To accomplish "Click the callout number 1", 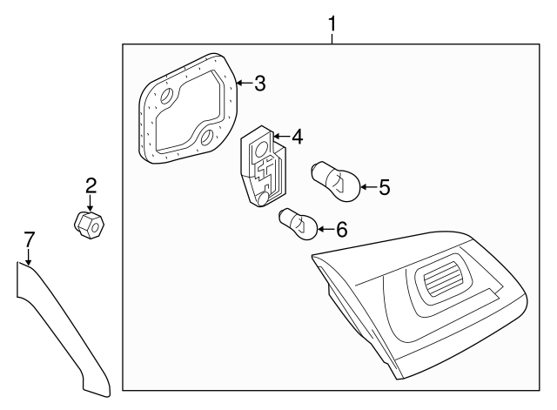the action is pyautogui.click(x=332, y=24).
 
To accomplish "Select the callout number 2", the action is pyautogui.click(x=91, y=186).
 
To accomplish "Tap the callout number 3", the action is pyautogui.click(x=260, y=84).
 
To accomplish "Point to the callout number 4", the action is pyautogui.click(x=297, y=137).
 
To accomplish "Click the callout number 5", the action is pyautogui.click(x=384, y=187).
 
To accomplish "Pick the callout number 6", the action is pyautogui.click(x=341, y=229).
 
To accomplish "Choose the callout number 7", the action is pyautogui.click(x=29, y=239).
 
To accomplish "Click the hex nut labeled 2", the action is pyautogui.click(x=90, y=225).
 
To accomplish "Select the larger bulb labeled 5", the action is pyautogui.click(x=336, y=182).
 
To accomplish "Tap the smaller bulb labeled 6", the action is pyautogui.click(x=298, y=224).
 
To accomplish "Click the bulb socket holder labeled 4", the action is pyautogui.click(x=263, y=166).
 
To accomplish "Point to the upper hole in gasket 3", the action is pyautogui.click(x=166, y=97).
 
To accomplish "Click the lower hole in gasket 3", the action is pyautogui.click(x=207, y=138).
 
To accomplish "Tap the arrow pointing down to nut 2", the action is pyautogui.click(x=91, y=203).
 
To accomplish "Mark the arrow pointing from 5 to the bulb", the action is pyautogui.click(x=370, y=187).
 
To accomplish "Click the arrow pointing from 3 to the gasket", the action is pyautogui.click(x=245, y=84).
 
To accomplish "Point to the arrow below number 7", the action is pyautogui.click(x=29, y=257).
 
